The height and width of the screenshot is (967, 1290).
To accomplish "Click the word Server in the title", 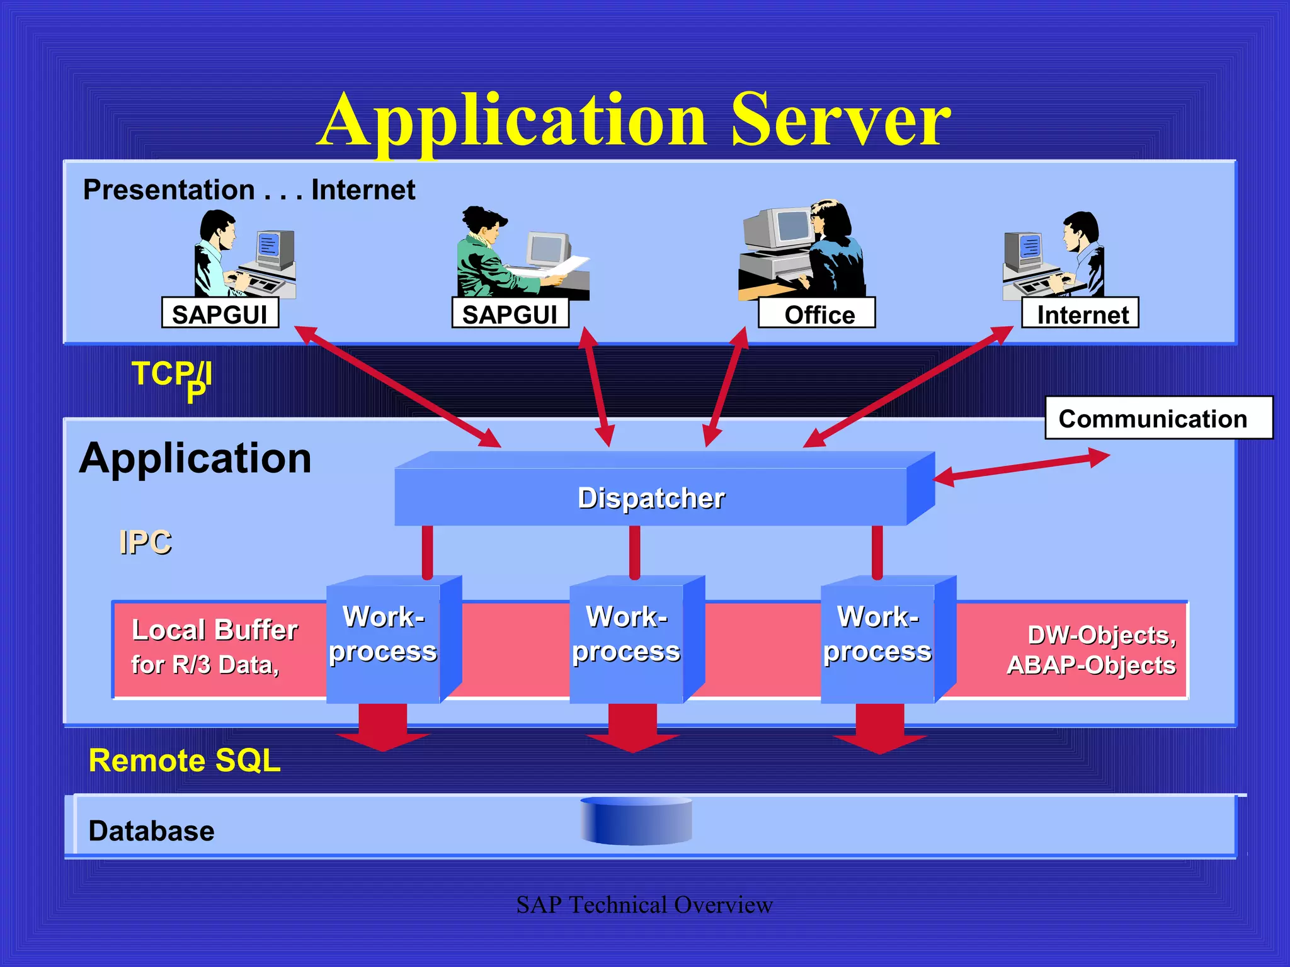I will coord(840,120).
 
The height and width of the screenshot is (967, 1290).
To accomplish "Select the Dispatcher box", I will coord(651,497).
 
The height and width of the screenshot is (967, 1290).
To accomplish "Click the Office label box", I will coord(817,314).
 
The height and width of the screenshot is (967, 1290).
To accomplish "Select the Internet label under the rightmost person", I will coord(1081,314).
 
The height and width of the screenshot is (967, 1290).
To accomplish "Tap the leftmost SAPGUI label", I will coord(220,314).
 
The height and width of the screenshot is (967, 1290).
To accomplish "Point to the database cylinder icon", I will coord(636,821).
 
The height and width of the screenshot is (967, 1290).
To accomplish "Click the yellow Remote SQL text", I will coord(184,761).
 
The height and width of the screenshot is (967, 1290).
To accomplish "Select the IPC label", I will coord(146,542).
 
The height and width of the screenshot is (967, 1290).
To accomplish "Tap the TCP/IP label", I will coord(171,378).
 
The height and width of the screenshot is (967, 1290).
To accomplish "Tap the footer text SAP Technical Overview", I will coord(644,905).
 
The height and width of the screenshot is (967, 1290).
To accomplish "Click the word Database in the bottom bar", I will coord(151,830).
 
